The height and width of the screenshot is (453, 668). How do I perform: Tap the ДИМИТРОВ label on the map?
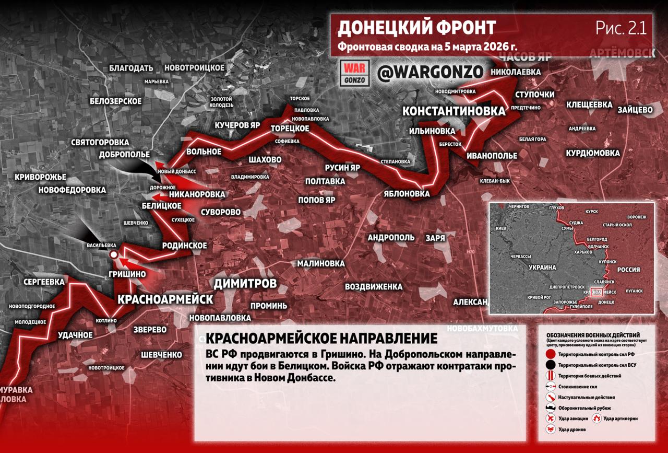pyautogui.click(x=245, y=284)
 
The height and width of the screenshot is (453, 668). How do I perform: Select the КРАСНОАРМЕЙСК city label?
pyautogui.click(x=165, y=299)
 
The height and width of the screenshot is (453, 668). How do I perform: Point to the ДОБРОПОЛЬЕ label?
pyautogui.click(x=125, y=155)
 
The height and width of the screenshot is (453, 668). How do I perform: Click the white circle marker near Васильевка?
pyautogui.click(x=113, y=254)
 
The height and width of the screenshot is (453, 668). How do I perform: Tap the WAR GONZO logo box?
pyautogui.click(x=354, y=73)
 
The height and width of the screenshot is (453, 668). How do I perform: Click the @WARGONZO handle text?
pyautogui.click(x=431, y=73)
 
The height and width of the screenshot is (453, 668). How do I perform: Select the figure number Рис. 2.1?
pyautogui.click(x=621, y=28)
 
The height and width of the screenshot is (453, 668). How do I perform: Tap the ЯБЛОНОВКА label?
pyautogui.click(x=407, y=193)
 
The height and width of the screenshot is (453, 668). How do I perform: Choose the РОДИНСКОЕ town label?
pyautogui.click(x=185, y=245)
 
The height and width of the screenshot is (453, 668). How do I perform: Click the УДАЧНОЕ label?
pyautogui.click(x=76, y=334)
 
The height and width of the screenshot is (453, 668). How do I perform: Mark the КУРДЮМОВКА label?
pyautogui.click(x=593, y=153)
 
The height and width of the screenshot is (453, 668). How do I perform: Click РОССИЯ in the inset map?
pyautogui.click(x=628, y=270)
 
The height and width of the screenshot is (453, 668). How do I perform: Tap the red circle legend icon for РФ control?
pyautogui.click(x=550, y=353)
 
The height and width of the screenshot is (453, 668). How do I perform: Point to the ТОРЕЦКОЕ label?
pyautogui.click(x=291, y=128)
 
